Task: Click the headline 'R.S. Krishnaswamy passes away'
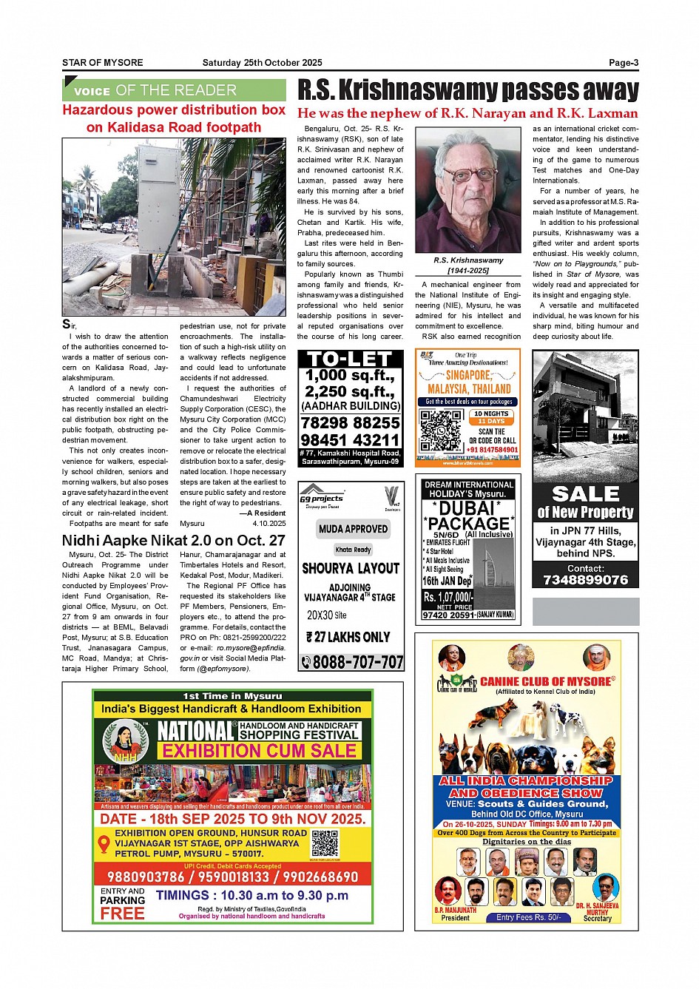tap(467, 90)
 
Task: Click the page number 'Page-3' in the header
tap(623, 63)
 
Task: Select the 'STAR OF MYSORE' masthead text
tap(103, 63)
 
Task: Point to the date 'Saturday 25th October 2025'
tap(262, 63)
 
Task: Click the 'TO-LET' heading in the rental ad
tap(351, 359)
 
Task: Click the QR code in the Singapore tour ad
tap(441, 429)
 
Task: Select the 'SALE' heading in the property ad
tap(585, 493)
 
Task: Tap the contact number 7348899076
tap(585, 580)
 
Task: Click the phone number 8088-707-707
tap(351, 662)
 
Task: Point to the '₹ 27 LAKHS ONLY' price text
tap(348, 637)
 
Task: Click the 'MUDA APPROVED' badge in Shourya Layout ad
tap(354, 529)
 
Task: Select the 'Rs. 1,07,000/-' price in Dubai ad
tap(448, 597)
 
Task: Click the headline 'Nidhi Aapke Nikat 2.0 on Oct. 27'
tap(174, 540)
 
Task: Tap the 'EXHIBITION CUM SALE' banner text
tap(260, 751)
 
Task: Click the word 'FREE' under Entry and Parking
tap(123, 914)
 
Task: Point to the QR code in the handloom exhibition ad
tap(325, 843)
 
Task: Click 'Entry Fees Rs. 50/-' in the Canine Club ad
tap(528, 917)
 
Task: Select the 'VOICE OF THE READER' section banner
tap(174, 90)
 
